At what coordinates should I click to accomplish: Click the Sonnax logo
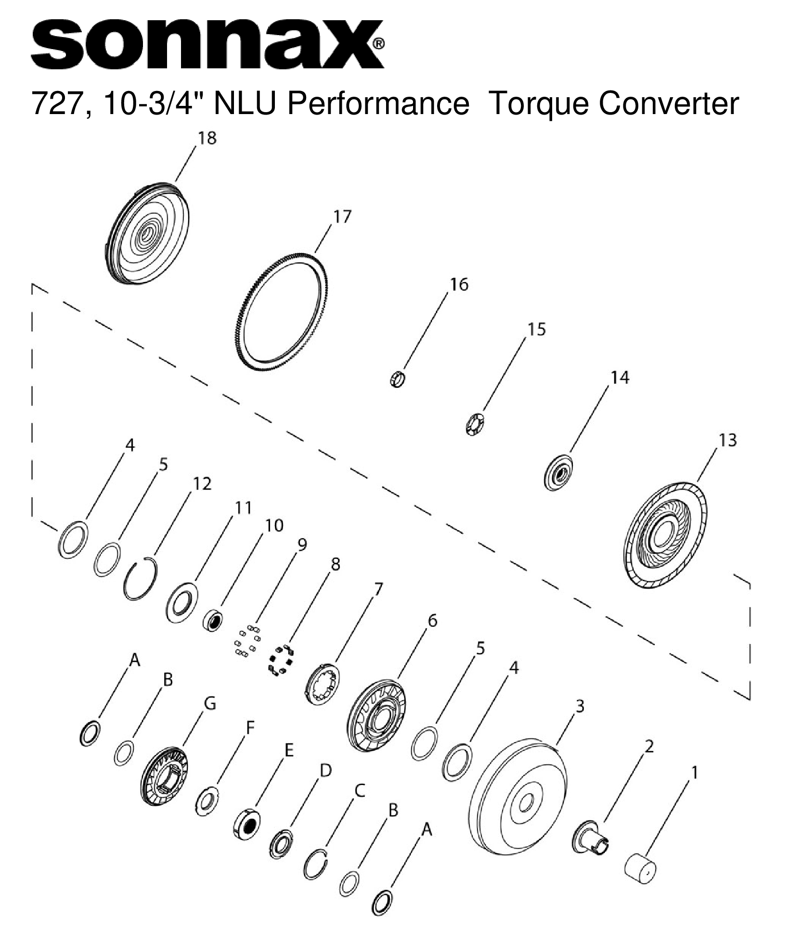[x=207, y=44]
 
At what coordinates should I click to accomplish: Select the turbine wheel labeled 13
[x=665, y=535]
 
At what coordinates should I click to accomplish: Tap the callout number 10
[x=274, y=525]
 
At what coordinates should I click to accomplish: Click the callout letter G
[x=209, y=704]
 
